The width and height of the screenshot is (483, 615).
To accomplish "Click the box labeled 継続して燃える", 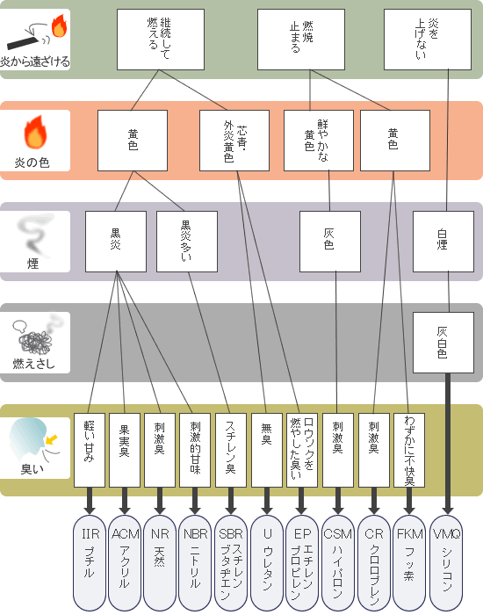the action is [x=161, y=40].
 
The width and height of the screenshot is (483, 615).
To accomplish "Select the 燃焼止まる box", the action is [x=301, y=40].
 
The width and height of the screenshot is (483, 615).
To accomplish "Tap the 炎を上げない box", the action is [x=428, y=40].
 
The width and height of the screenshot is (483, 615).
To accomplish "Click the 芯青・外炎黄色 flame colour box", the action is [x=234, y=141].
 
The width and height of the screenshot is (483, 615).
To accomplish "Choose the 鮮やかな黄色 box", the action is [x=319, y=141].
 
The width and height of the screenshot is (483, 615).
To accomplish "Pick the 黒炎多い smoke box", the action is [x=187, y=242].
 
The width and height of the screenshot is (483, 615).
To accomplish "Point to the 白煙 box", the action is [x=443, y=242].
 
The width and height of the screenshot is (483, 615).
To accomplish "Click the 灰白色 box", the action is [x=443, y=343].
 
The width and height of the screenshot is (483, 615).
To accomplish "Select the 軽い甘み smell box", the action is [x=90, y=450].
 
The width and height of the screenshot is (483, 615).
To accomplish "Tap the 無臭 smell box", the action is [x=267, y=450].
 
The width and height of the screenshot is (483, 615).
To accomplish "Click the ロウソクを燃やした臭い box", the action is [x=302, y=450].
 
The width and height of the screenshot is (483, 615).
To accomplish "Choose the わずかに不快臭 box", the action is [x=409, y=450].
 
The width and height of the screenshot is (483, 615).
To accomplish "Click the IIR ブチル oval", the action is [x=90, y=563].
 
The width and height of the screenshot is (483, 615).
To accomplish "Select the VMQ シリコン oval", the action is [x=446, y=563].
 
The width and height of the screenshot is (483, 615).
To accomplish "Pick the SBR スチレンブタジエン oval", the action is [x=231, y=563].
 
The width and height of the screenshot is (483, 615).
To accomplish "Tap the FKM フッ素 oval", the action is [x=409, y=563].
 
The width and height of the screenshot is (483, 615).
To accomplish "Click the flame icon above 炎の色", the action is [x=35, y=132].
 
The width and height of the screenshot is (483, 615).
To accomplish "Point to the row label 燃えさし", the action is [x=33, y=364].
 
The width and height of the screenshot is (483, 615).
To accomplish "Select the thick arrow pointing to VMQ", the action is [x=447, y=444].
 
